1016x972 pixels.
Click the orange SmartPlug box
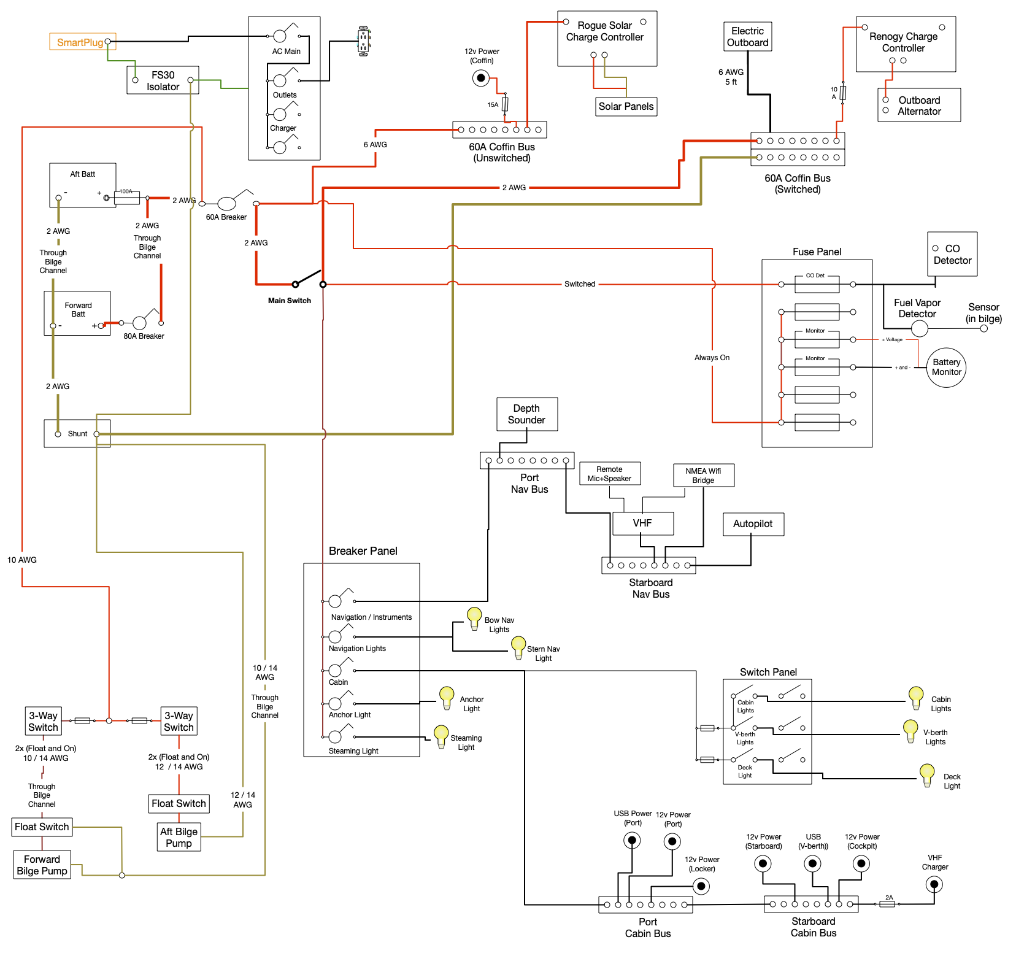click(82, 42)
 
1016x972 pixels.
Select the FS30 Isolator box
click(163, 80)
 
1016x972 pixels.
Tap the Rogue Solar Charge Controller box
click(607, 38)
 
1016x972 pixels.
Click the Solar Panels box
click(626, 106)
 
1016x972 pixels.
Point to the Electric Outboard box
click(747, 37)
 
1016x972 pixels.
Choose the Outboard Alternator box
click(919, 105)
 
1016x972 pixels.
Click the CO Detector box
click(952, 254)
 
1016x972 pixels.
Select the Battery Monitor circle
click(946, 368)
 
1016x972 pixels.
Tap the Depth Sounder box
click(526, 414)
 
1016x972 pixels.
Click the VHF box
click(642, 523)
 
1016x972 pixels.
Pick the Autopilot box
click(753, 524)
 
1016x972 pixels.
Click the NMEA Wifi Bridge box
click(703, 475)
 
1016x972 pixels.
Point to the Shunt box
click(77, 433)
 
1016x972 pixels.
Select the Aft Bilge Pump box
click(179, 837)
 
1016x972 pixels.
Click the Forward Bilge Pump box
click(42, 865)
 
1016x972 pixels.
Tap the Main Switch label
click(290, 301)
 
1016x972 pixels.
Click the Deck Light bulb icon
click(927, 774)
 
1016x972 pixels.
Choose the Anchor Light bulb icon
click(447, 697)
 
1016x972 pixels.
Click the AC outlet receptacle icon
click(363, 41)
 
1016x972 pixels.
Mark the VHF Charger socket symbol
click(934, 884)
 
